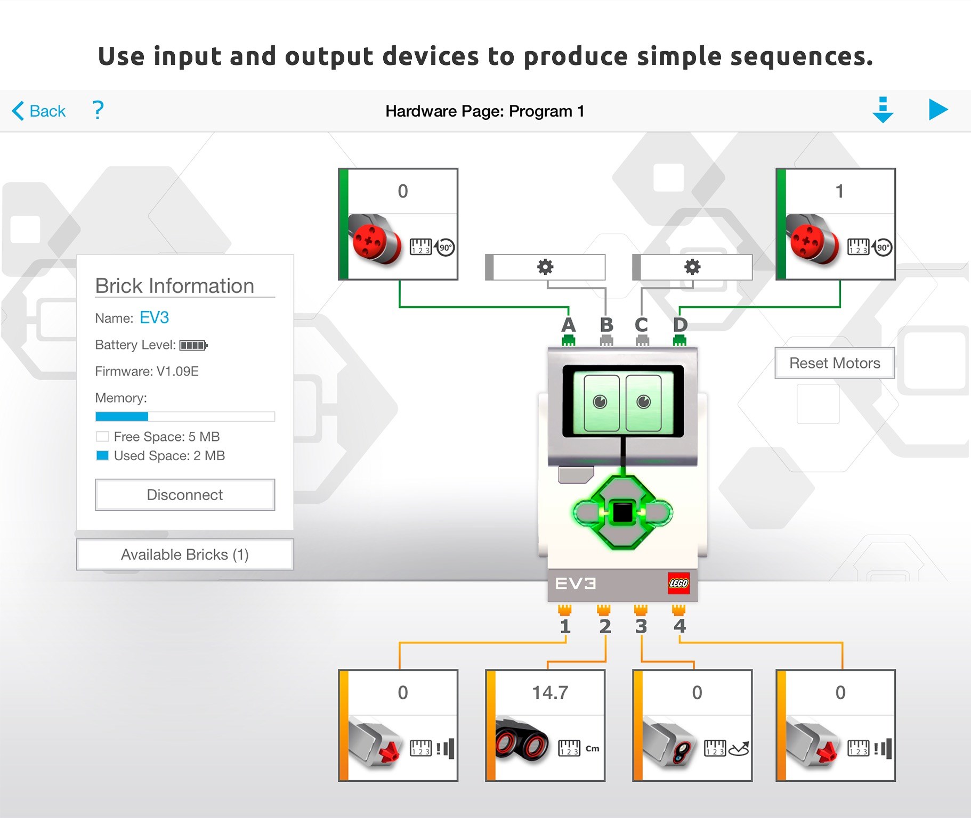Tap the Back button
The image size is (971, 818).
click(x=39, y=111)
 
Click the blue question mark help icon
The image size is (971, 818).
click(x=98, y=110)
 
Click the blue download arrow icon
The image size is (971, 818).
click(x=883, y=110)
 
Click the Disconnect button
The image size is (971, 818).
click(x=185, y=495)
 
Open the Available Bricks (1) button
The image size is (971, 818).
click(x=185, y=554)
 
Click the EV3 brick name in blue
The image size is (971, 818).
click(x=154, y=318)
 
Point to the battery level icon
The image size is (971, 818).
click(x=193, y=346)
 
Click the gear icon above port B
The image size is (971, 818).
click(x=545, y=267)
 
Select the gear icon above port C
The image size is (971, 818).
click(x=692, y=267)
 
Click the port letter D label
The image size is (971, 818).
click(x=680, y=325)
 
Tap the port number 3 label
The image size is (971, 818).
click(x=641, y=626)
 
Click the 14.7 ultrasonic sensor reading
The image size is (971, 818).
click(x=549, y=692)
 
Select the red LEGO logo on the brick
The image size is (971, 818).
click(x=678, y=583)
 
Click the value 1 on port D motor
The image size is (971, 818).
click(x=839, y=191)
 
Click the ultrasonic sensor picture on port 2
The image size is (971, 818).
click(x=522, y=741)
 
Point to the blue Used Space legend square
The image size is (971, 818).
click(x=102, y=456)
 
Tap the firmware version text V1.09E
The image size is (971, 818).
click(x=177, y=371)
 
